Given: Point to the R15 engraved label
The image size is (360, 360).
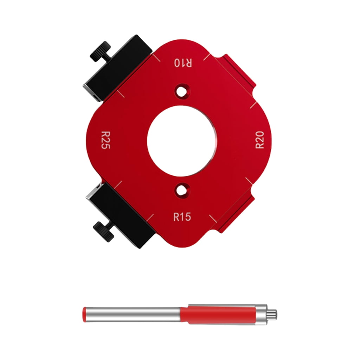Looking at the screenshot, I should pos(182,217).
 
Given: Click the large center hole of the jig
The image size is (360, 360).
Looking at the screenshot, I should pos(182,140).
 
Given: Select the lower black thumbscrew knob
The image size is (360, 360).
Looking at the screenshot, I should pos(104,231).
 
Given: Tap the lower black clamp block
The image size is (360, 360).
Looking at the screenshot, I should pos(121,214).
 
